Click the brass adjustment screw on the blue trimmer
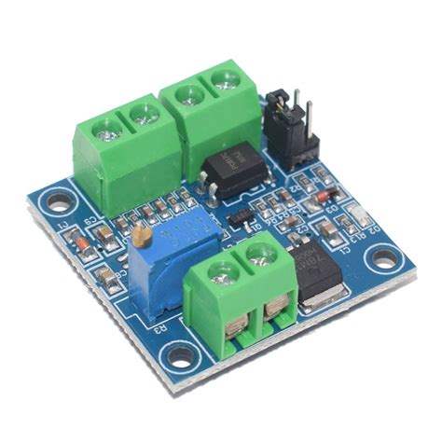pyautogui.click(x=141, y=242)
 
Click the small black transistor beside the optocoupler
pyautogui.click(x=241, y=218)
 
